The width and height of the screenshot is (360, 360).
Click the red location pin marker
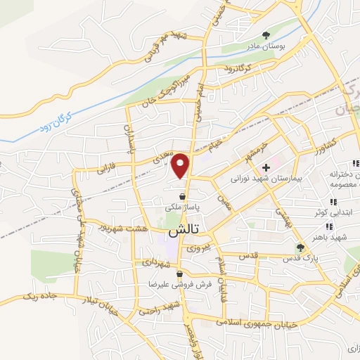click(x=181, y=165)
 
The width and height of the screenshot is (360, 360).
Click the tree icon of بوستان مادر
click(x=266, y=34)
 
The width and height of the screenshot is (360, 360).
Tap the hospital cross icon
click(x=266, y=168)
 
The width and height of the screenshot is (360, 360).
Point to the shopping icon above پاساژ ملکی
click(x=183, y=197)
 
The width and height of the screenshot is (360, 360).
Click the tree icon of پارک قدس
click(x=300, y=247)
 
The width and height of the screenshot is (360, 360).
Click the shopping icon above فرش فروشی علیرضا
click(x=180, y=274)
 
